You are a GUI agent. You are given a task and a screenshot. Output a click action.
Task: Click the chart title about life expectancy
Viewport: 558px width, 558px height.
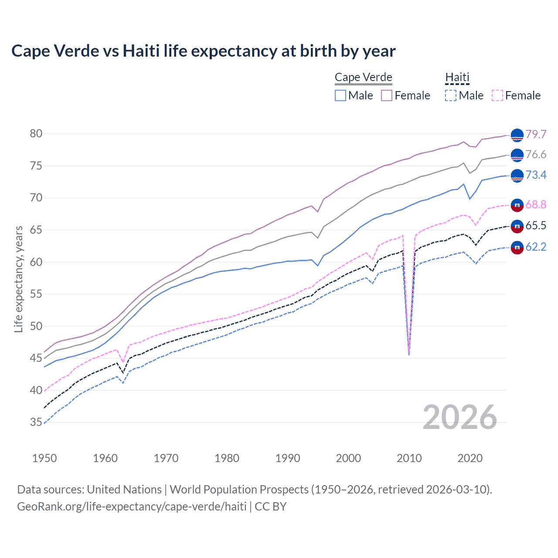203,51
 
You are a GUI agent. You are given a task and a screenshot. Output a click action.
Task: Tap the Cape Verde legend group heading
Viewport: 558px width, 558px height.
363,77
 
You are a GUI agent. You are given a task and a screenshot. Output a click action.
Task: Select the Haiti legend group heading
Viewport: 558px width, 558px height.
457,77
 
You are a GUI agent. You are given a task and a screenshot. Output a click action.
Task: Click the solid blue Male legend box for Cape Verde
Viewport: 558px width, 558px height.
340,95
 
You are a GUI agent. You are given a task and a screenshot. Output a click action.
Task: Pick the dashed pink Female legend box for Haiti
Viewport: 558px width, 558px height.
497,95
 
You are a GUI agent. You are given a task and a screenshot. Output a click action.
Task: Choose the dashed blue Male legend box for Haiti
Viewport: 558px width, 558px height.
451,95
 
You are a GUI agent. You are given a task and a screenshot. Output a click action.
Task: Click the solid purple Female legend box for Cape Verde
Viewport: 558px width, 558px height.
387,95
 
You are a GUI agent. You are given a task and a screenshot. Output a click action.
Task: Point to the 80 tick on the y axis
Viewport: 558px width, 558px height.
36,134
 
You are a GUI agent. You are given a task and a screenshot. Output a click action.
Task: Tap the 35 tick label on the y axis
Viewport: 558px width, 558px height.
36,422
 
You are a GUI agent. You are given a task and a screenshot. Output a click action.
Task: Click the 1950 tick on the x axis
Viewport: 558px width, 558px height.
44,458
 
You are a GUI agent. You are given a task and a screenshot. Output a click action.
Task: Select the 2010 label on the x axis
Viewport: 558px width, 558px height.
409,458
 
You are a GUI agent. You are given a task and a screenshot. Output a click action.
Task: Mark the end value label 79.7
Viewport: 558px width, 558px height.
536,134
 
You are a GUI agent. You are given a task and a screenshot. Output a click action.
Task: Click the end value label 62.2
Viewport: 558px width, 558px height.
536,247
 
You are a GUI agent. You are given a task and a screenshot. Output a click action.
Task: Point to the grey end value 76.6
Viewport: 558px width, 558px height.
536,155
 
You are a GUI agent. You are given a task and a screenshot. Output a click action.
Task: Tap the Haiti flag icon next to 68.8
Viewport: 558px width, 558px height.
517,205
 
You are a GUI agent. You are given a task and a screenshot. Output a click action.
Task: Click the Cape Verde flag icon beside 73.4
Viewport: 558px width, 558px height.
517,176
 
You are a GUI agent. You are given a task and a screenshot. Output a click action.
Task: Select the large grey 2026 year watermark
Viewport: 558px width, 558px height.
460,417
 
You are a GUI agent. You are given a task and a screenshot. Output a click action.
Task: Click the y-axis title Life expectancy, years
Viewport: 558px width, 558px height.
18,279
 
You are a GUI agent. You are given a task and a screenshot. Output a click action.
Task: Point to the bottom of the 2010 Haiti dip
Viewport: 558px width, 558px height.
408,354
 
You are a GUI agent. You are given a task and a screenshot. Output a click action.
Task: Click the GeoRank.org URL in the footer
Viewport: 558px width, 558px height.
132,507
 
